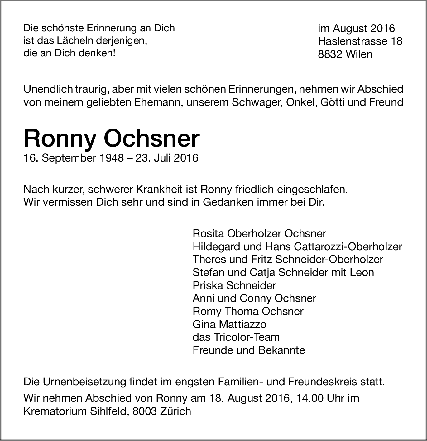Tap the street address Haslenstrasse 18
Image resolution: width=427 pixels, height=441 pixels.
(360, 41)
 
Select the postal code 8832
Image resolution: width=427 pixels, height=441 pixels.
(330, 54)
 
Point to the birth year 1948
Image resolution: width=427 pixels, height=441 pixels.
(112, 158)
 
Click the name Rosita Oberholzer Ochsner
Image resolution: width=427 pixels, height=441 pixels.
(259, 233)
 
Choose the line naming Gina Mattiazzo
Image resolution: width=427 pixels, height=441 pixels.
(229, 324)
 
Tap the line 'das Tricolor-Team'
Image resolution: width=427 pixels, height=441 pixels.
(236, 337)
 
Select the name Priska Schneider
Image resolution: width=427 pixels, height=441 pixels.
(234, 285)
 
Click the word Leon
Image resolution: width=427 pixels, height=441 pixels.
(362, 272)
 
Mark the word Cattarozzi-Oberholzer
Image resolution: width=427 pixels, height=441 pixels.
(348, 246)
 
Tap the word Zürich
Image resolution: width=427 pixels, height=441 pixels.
(175, 411)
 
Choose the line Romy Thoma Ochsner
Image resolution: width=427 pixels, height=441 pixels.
(248, 311)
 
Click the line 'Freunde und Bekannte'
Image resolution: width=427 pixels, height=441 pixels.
(249, 350)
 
